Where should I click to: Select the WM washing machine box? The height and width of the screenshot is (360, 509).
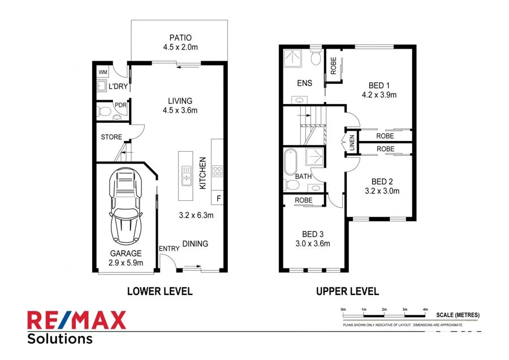103,72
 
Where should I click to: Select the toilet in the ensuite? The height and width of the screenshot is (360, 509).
316,58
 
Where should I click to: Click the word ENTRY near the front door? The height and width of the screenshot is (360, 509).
169,249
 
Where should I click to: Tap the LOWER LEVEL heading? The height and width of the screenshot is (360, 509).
159,292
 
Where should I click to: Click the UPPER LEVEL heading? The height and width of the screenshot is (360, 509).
347,292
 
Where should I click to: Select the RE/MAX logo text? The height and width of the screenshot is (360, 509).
77,321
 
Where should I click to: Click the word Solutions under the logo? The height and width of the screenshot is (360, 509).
60,339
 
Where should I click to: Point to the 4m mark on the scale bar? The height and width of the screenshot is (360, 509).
425,309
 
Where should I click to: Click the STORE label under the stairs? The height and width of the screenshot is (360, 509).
111,137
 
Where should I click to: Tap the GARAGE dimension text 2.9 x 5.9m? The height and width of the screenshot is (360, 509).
126,262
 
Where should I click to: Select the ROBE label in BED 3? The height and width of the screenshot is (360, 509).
304,200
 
